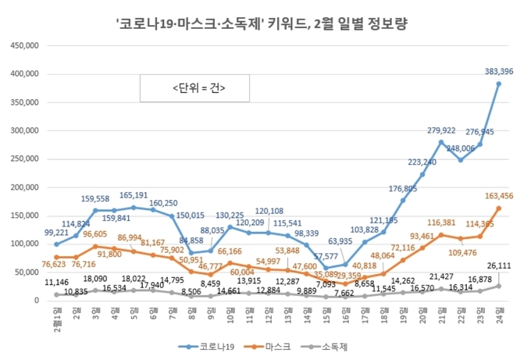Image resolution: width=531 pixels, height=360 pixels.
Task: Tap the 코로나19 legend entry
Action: pyautogui.click(x=204, y=344)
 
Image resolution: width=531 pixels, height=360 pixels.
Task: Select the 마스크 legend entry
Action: pyautogui.click(x=269, y=344)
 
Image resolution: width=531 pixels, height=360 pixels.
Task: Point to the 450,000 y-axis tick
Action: pyautogui.click(x=25, y=45)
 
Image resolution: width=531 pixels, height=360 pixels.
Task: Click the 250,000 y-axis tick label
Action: pyautogui.click(x=25, y=159)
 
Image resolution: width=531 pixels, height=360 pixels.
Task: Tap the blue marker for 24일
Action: pyautogui.click(x=499, y=84)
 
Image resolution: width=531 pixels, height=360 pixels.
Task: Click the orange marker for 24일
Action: pyautogui.click(x=499, y=208)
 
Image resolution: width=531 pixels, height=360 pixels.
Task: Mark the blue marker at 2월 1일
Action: pyautogui.click(x=55, y=244)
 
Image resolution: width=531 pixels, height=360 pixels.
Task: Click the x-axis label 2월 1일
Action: pyautogui.click(x=56, y=318)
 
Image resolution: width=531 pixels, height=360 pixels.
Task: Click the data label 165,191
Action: pyautogui.click(x=134, y=195)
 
